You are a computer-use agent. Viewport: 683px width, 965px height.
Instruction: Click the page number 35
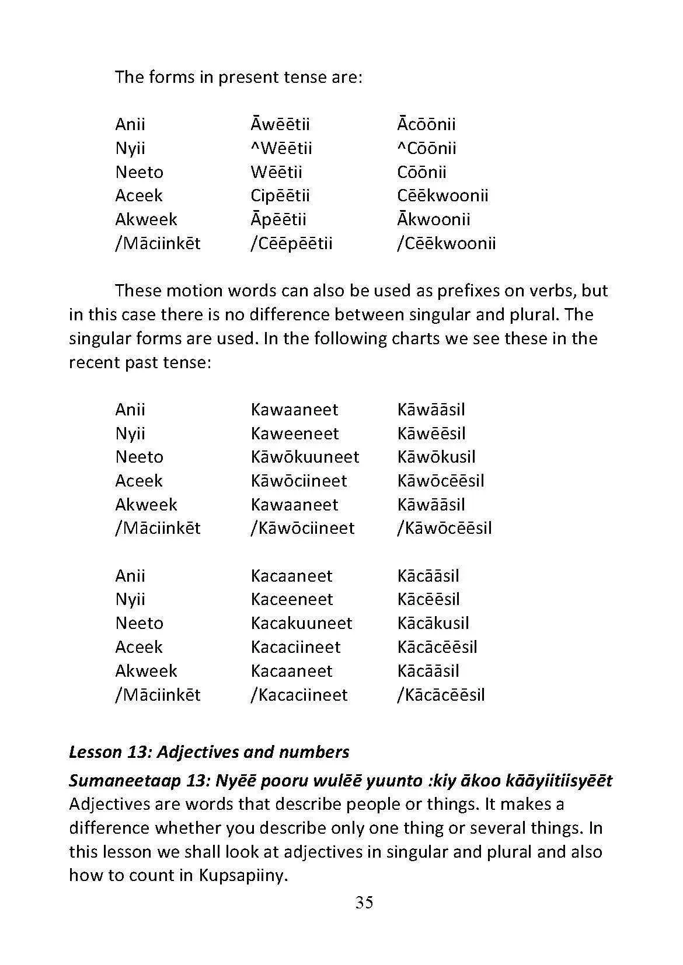tap(364, 903)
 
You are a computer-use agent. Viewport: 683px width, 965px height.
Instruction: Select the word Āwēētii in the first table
tap(280, 124)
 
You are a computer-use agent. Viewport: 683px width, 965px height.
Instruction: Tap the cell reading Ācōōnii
tap(426, 124)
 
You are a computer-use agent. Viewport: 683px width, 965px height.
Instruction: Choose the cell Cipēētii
tap(280, 195)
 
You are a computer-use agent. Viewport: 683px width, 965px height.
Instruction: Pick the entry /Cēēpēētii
tap(291, 243)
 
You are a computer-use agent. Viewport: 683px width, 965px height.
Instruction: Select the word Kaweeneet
tap(295, 433)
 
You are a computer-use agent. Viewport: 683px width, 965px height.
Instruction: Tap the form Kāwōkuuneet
tap(305, 457)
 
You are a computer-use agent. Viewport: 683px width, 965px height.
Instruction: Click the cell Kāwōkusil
tap(436, 457)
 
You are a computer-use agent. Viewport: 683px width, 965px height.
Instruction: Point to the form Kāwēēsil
tap(431, 433)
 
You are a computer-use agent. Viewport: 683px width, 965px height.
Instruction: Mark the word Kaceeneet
tap(292, 599)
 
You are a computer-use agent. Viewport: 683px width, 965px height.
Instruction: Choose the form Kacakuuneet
tap(301, 623)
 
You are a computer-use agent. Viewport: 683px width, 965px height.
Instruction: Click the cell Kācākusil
tap(433, 623)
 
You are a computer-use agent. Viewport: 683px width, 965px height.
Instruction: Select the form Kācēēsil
tap(428, 599)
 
